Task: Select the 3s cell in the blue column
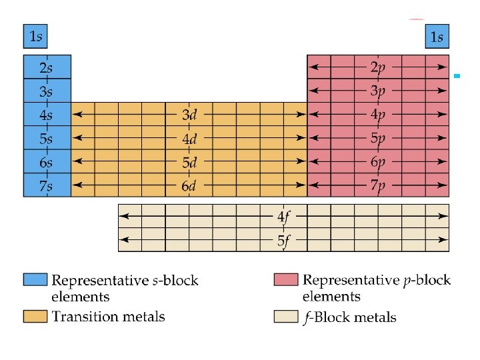pos(46,91)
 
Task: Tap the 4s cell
pos(46,115)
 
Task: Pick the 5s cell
pos(46,138)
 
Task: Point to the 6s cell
pos(46,162)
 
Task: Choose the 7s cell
pos(46,185)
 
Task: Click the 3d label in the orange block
pos(189,115)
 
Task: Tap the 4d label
pos(189,139)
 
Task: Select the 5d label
pos(189,162)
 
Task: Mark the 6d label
pos(189,186)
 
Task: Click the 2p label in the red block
pos(378,67)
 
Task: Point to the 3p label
pos(378,91)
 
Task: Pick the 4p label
pos(378,115)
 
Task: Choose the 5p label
pos(378,139)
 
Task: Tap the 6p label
pos(378,162)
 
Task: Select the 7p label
pos(378,186)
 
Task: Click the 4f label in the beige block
pos(284,217)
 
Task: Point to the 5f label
pos(284,241)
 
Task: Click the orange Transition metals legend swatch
pos(35,315)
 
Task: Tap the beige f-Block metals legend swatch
pos(285,317)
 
